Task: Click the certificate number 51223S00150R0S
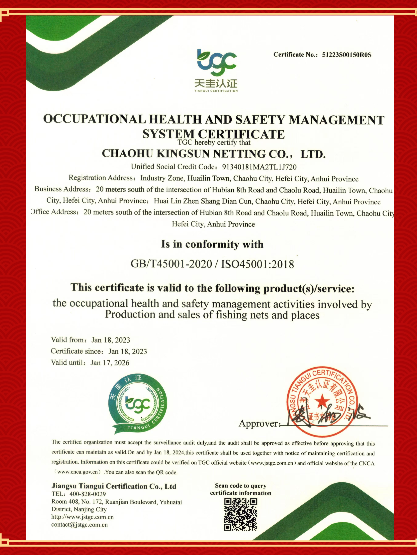coord(346,55)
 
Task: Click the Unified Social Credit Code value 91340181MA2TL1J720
coord(259,167)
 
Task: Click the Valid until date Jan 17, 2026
coord(110,363)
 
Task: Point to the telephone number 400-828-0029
coord(88,494)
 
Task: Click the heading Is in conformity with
coord(212,244)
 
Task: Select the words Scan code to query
coord(241,486)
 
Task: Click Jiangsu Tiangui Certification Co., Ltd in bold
coord(114,486)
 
